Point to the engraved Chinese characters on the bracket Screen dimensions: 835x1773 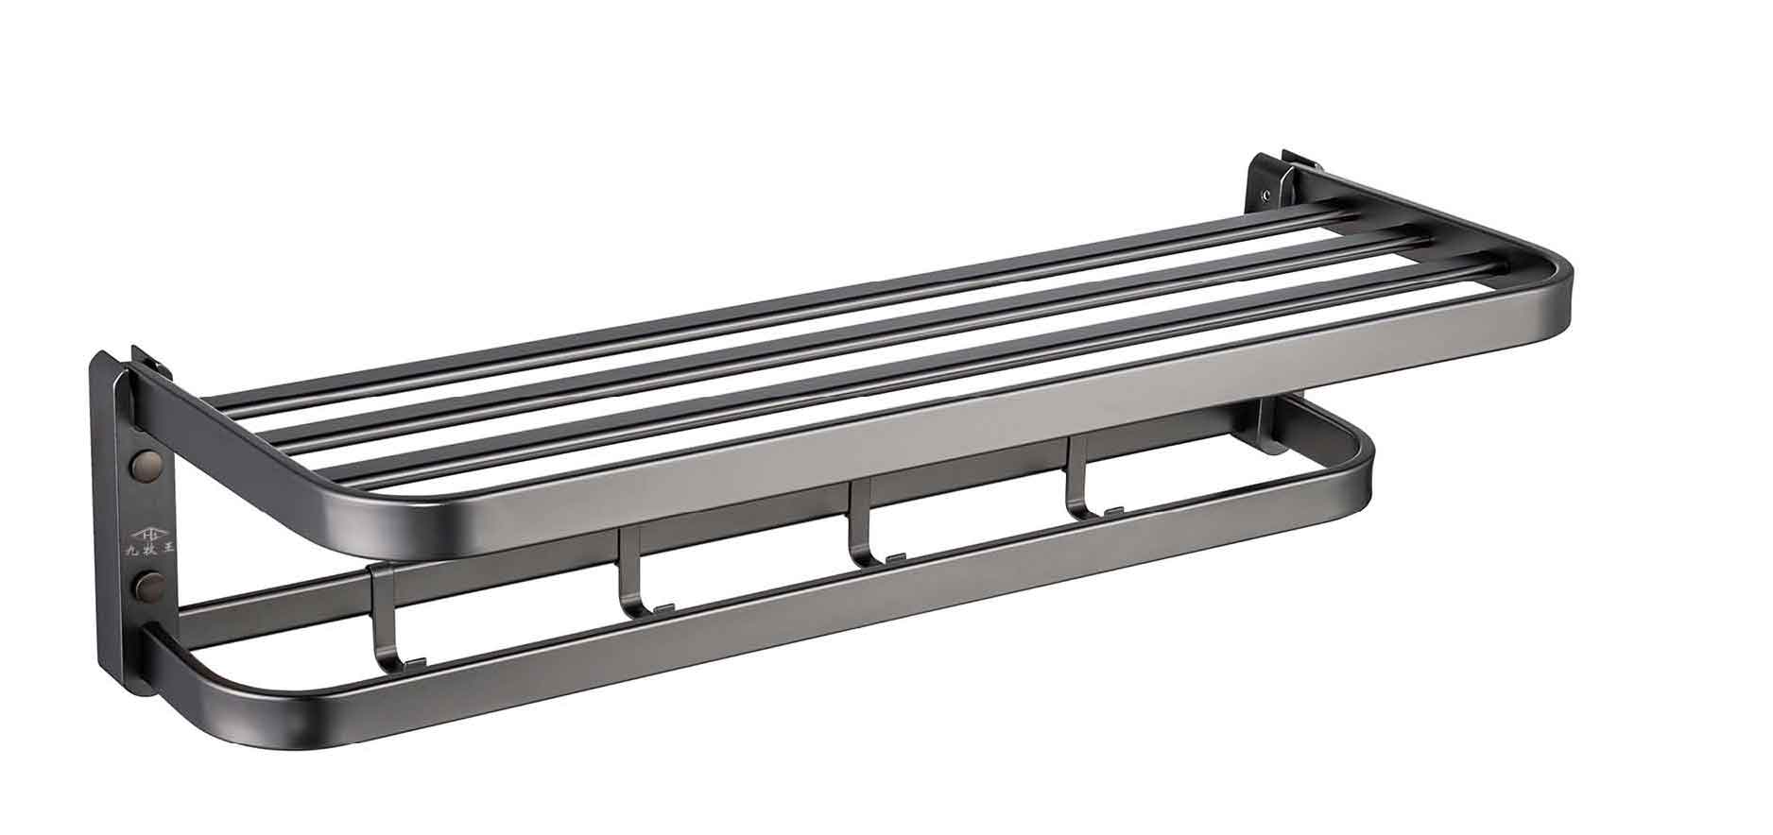click(x=149, y=546)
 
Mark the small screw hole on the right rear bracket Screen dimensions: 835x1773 click(x=1265, y=196)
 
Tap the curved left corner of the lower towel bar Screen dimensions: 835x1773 click(x=203, y=690)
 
